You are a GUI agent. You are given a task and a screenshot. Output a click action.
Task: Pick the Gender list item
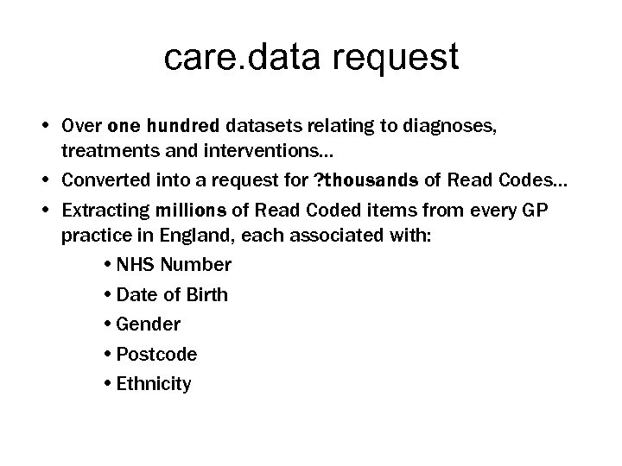coord(148,324)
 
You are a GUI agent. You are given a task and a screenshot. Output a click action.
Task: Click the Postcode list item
coord(156,354)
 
